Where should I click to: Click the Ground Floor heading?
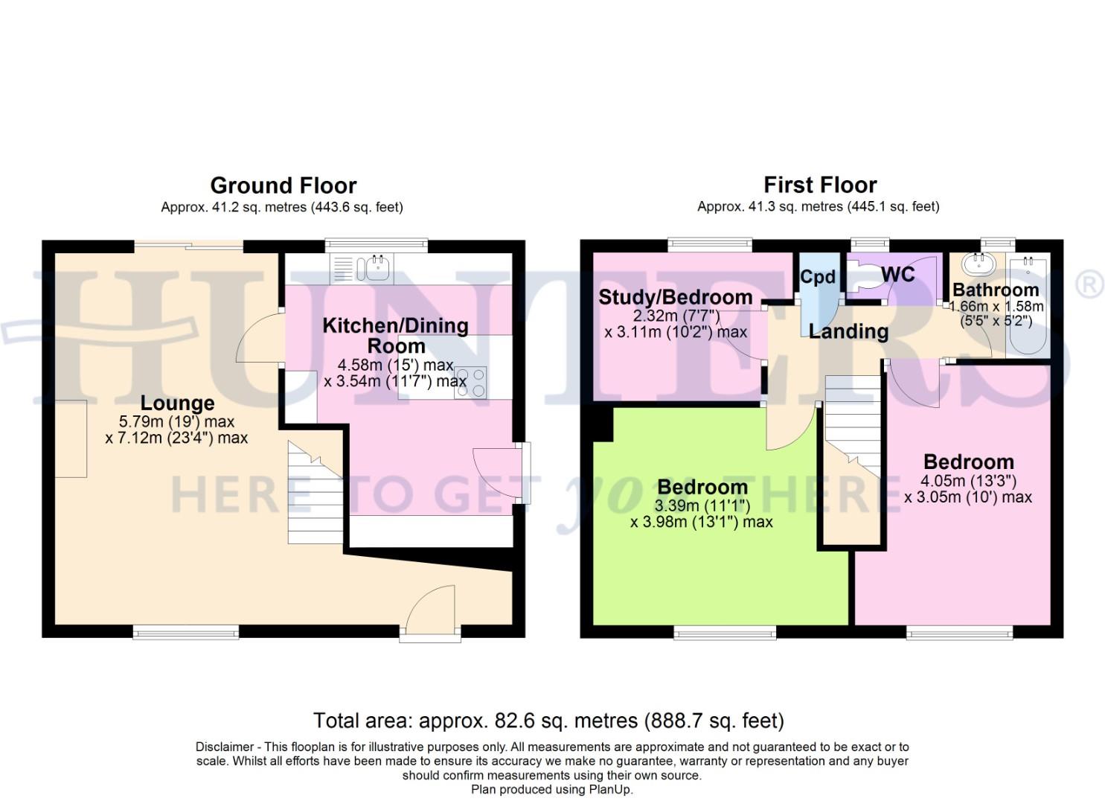tap(283, 185)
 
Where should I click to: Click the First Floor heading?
tap(820, 185)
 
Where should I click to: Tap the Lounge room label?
tap(177, 403)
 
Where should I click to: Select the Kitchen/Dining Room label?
tap(395, 335)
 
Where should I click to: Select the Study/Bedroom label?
tap(675, 297)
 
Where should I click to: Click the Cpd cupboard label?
tap(818, 277)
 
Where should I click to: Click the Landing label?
tap(848, 331)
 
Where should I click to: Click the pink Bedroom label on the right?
tap(968, 462)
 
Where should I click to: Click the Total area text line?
tap(548, 721)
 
